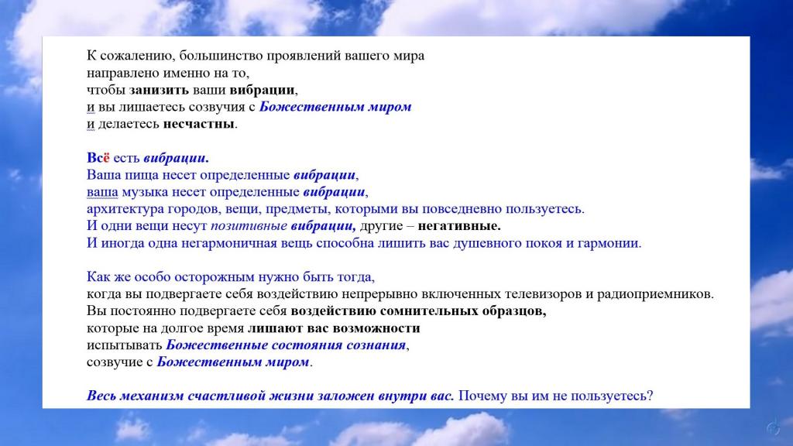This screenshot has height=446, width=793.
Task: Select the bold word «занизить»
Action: (x=159, y=90)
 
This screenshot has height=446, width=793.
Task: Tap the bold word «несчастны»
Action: (x=199, y=124)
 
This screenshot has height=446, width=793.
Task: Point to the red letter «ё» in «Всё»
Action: (x=107, y=158)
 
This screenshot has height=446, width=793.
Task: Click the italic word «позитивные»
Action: (x=249, y=226)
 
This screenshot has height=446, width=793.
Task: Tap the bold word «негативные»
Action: (x=458, y=226)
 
